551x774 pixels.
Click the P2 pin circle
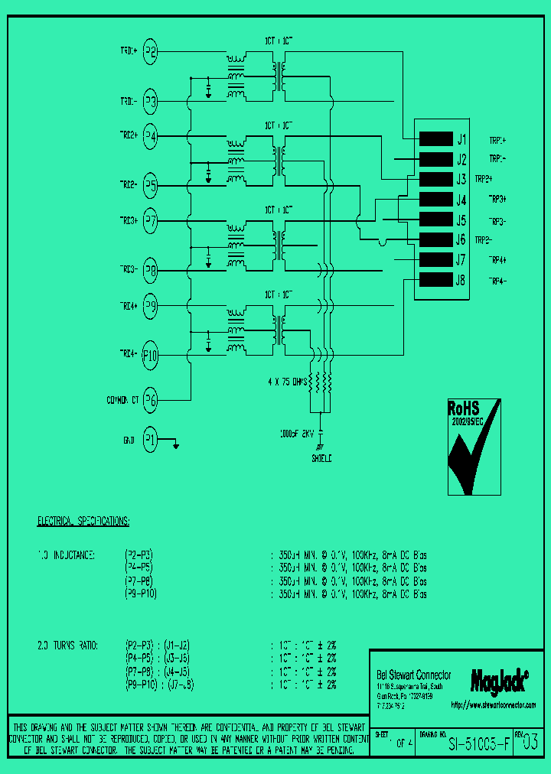point(151,52)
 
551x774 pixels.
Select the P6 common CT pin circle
point(151,399)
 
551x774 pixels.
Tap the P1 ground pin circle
point(151,440)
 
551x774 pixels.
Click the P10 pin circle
point(151,354)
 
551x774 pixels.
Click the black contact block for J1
point(436,139)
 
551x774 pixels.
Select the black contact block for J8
point(436,280)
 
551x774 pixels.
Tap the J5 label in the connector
point(461,220)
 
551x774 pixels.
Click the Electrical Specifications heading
point(83,522)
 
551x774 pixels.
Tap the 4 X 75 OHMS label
point(286,380)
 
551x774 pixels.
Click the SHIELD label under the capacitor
point(321,459)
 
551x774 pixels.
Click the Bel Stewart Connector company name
point(414,675)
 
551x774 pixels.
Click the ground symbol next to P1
point(176,445)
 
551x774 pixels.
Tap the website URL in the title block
point(494,704)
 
